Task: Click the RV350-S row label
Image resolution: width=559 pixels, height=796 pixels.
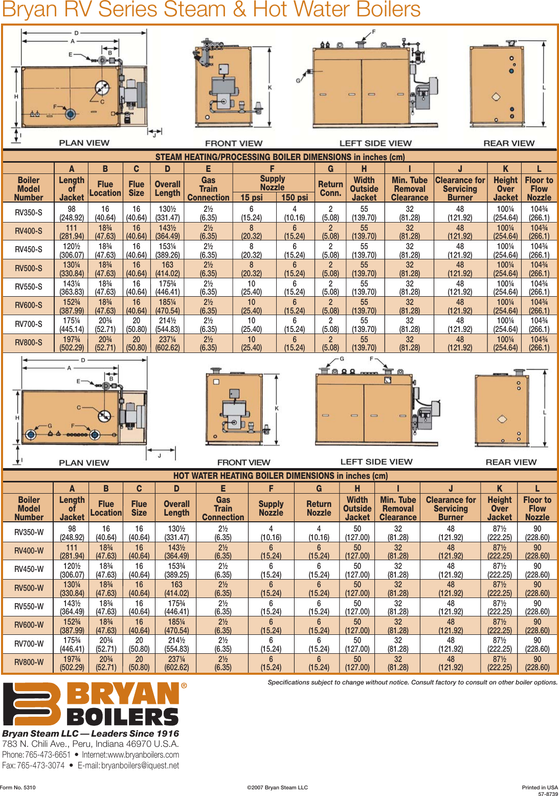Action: pyautogui.click(x=29, y=213)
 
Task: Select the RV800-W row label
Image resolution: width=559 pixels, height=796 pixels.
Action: pyautogui.click(x=29, y=662)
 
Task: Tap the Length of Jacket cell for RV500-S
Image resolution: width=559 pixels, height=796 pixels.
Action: pyautogui.click(x=72, y=269)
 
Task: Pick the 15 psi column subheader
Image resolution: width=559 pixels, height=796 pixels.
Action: pyautogui.click(x=252, y=197)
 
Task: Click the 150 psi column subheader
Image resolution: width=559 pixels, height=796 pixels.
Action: pyautogui.click(x=295, y=197)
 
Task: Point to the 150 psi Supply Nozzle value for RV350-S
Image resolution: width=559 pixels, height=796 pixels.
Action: pyautogui.click(x=295, y=213)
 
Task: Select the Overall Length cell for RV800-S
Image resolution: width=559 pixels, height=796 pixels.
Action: pyautogui.click(x=168, y=343)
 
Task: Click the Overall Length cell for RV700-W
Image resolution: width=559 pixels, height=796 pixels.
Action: pyautogui.click(x=176, y=644)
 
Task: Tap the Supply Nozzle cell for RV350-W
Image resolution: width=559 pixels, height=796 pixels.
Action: pyautogui.click(x=271, y=533)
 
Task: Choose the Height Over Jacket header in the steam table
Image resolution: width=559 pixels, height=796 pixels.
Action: pyautogui.click(x=505, y=188)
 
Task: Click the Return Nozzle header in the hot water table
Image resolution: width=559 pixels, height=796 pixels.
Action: pyautogui.click(x=319, y=508)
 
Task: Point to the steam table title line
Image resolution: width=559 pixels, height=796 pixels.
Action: pyautogui.click(x=280, y=157)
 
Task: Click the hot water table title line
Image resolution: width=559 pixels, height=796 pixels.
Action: pyautogui.click(x=280, y=476)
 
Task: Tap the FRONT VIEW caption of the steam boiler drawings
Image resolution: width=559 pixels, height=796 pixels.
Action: pyautogui.click(x=234, y=143)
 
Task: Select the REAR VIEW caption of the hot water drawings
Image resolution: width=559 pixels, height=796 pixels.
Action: pyautogui.click(x=511, y=462)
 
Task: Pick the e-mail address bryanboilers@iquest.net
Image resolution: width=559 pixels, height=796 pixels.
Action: pyautogui.click(x=140, y=765)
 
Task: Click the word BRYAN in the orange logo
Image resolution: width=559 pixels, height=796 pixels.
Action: pyautogui.click(x=123, y=694)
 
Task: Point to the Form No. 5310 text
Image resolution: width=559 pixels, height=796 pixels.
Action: pyautogui.click(x=18, y=787)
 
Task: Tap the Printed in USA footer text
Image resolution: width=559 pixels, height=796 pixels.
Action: pyautogui.click(x=540, y=787)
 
